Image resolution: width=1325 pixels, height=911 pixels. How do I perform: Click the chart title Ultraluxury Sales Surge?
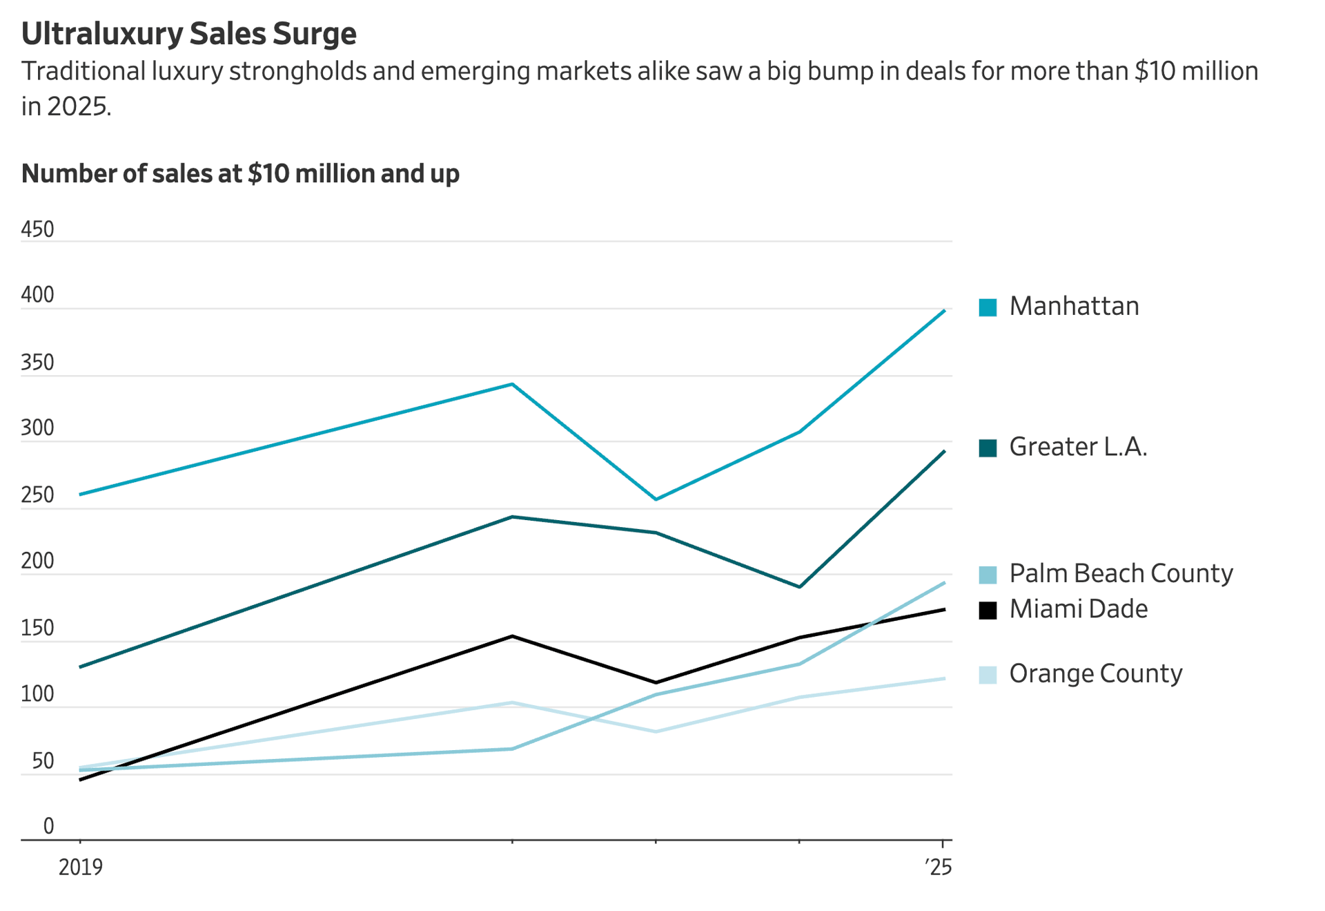pos(188,33)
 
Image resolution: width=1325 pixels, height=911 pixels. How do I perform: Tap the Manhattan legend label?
pos(1073,307)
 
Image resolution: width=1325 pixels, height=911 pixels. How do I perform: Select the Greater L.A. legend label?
pos(1077,448)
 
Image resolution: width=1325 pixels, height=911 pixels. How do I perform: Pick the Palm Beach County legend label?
pos(1120,574)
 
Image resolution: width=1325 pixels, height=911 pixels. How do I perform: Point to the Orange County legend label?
pos(1095,674)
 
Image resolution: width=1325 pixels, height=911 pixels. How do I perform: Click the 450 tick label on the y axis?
pos(37,229)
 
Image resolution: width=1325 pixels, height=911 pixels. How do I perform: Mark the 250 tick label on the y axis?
pos(37,495)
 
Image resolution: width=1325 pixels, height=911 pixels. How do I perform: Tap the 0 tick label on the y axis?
pos(48,826)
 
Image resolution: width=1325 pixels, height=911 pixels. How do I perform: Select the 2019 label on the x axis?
pos(80,867)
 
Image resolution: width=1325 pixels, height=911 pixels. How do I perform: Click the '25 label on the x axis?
pos(939,867)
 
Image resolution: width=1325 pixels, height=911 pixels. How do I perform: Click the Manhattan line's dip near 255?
pos(656,499)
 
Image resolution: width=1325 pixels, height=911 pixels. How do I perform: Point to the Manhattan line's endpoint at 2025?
pos(944,311)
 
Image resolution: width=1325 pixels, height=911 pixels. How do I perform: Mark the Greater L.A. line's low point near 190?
pos(799,587)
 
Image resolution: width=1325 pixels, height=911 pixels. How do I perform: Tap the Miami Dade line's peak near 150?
pos(511,636)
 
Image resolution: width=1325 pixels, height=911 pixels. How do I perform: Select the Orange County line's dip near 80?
pos(656,731)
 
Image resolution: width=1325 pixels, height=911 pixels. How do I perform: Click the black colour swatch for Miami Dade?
pos(988,611)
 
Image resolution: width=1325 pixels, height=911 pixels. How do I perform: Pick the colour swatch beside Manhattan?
pos(988,307)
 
